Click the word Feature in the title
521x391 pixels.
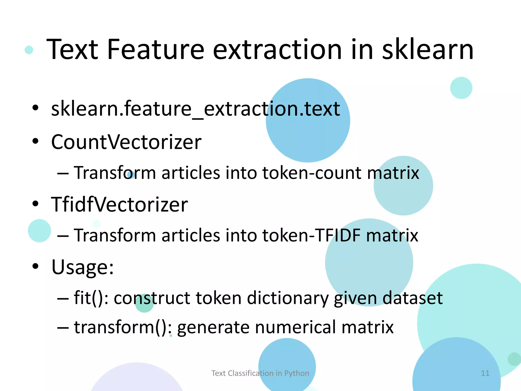156,50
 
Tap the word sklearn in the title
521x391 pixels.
427,50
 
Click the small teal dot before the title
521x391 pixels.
29,50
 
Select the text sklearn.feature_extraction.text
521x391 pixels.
195,109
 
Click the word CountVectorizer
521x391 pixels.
126,142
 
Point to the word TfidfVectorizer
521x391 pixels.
119,204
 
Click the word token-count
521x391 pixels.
312,173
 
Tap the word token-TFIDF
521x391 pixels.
311,235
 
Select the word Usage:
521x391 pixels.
82,267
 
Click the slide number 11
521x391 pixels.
485,373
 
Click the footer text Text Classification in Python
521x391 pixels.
260,373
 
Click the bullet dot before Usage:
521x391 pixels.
35,266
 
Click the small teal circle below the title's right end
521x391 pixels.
461,88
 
